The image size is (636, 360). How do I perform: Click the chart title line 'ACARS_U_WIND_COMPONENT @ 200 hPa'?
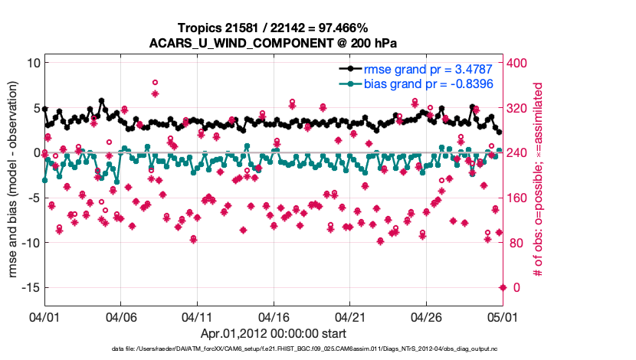274,43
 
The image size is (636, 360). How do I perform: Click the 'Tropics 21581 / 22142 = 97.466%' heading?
274,28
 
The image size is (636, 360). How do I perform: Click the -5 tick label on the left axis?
31,198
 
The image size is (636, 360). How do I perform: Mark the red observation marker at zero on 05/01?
503,287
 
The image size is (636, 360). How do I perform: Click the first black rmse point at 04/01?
44,109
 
